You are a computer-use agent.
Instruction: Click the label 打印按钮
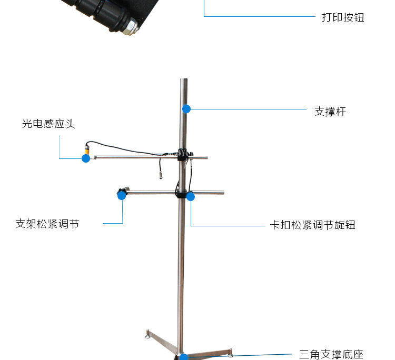[x=343, y=17]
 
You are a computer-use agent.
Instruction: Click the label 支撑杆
[x=330, y=112]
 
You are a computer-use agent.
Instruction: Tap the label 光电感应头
[x=48, y=124]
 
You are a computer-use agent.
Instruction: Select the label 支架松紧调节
[x=47, y=224]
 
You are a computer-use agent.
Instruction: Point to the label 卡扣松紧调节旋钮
[x=313, y=225]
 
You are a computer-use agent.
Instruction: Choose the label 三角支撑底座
[x=331, y=354]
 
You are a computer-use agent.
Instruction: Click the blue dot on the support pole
[x=186, y=109]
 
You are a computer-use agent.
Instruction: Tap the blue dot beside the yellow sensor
[x=86, y=158]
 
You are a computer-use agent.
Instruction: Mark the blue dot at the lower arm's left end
[x=122, y=195]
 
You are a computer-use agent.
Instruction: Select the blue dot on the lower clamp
[x=191, y=197]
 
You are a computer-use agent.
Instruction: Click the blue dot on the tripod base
[x=183, y=357]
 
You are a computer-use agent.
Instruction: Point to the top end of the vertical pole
[x=183, y=81]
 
